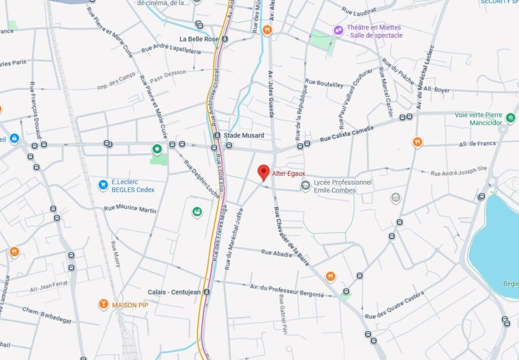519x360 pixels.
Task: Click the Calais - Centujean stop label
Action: (x=174, y=292)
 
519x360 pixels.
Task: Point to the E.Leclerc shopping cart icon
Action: (x=103, y=184)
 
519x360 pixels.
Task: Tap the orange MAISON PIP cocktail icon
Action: (x=103, y=304)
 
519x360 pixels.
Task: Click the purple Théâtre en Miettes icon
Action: (x=338, y=30)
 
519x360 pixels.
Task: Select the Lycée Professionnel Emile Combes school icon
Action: (x=306, y=186)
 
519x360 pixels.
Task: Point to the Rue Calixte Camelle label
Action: (x=347, y=134)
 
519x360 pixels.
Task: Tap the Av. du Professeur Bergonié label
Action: (x=287, y=291)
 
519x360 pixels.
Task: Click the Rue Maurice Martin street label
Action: (x=130, y=209)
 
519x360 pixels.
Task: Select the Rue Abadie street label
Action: (x=277, y=252)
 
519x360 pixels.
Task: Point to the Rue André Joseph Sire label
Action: (x=458, y=171)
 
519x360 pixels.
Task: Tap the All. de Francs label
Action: (x=477, y=143)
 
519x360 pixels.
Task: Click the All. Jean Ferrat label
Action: (x=49, y=286)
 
